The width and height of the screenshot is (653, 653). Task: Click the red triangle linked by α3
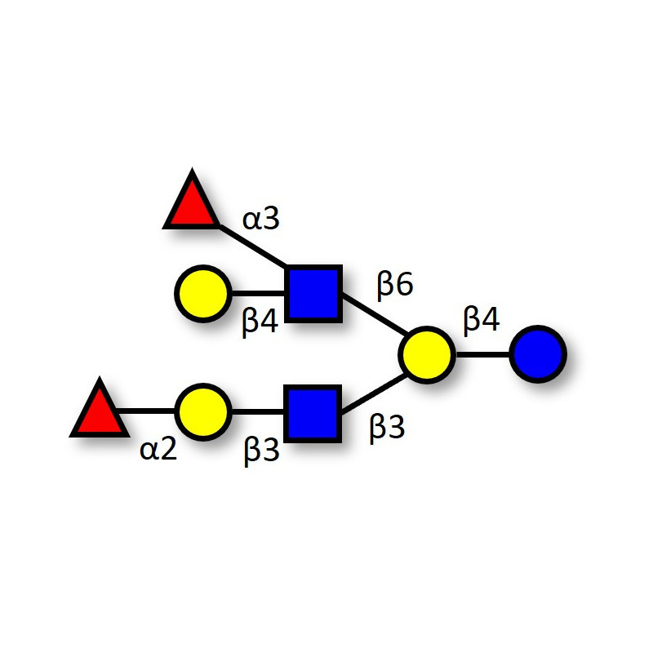(192, 204)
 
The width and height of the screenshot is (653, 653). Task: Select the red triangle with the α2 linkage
(99, 412)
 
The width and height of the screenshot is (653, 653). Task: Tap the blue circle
(538, 354)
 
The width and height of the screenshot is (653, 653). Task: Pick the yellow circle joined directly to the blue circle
(427, 355)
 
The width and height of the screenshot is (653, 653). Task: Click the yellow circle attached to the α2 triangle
(202, 412)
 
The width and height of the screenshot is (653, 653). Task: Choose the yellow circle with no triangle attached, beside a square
(202, 294)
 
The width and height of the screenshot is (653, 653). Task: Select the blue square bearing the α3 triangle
(313, 294)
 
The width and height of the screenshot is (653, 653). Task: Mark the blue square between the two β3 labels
(313, 414)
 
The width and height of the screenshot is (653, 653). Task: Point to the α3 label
(260, 219)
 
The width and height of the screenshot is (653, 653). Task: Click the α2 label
(158, 450)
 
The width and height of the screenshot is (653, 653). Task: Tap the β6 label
(395, 284)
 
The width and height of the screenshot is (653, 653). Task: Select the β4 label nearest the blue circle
(482, 320)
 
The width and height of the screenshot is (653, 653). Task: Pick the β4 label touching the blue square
(260, 322)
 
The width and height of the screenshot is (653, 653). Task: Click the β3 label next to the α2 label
(261, 451)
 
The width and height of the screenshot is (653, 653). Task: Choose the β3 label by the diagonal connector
(387, 429)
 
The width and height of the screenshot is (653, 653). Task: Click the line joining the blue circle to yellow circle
(482, 355)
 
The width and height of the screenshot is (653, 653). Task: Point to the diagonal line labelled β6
(375, 313)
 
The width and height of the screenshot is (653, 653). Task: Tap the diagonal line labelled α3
(252, 246)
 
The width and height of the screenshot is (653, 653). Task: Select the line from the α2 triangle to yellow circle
(147, 411)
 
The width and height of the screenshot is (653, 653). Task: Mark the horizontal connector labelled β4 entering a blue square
(258, 294)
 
